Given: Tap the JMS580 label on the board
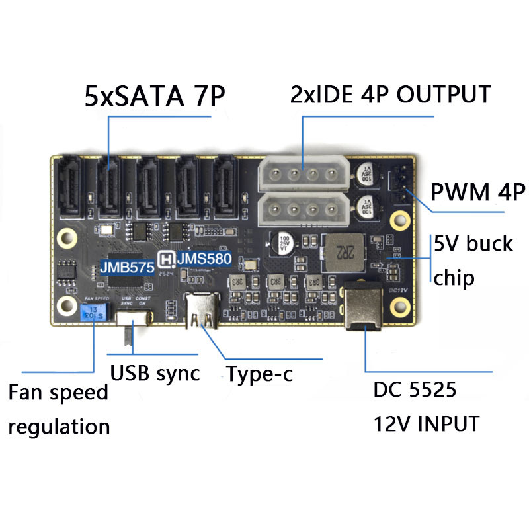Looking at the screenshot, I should pos(203,259).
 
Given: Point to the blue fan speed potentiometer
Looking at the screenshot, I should pos(93,311).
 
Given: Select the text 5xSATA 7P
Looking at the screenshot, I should pos(155,97).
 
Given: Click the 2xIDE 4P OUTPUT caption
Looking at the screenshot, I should pos(390,94).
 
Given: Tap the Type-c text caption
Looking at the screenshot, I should pos(259,374).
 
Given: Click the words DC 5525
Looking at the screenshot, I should pos(415,391).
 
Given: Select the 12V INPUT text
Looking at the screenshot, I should pos(426,423).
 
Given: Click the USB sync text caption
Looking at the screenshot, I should pos(155,373).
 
